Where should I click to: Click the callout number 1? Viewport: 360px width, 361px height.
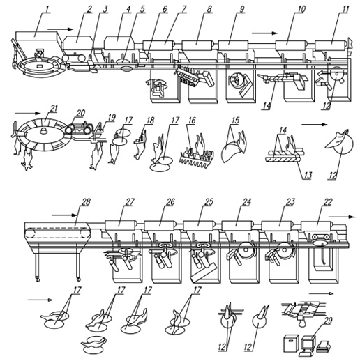pyautogui.click(x=47, y=9)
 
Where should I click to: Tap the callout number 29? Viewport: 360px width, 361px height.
pyautogui.click(x=328, y=321)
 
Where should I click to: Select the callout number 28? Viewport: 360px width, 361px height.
pyautogui.click(x=85, y=201)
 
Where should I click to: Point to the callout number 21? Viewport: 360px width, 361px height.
pyautogui.click(x=54, y=109)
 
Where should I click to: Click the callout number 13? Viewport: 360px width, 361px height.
pyautogui.click(x=307, y=175)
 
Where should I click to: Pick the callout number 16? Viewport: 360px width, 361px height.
pyautogui.click(x=192, y=120)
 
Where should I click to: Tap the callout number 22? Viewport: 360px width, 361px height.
pyautogui.click(x=327, y=201)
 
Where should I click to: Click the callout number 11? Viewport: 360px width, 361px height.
pyautogui.click(x=345, y=9)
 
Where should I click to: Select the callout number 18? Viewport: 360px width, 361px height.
pyautogui.click(x=150, y=120)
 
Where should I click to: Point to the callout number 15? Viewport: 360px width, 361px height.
pyautogui.click(x=236, y=120)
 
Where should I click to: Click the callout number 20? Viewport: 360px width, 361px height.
pyautogui.click(x=80, y=113)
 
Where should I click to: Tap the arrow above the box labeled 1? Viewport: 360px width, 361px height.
pyautogui.click(x=61, y=29)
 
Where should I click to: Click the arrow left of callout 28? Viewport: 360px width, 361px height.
pyautogui.click(x=64, y=215)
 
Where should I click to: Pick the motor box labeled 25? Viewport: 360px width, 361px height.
pyautogui.click(x=200, y=226)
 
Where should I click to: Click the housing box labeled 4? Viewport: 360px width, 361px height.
pyautogui.click(x=119, y=43)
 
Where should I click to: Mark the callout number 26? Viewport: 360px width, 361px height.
pyautogui.click(x=170, y=201)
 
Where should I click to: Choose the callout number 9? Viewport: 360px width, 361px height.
pyautogui.click(x=242, y=9)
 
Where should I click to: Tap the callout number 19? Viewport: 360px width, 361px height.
pyautogui.click(x=112, y=117)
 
